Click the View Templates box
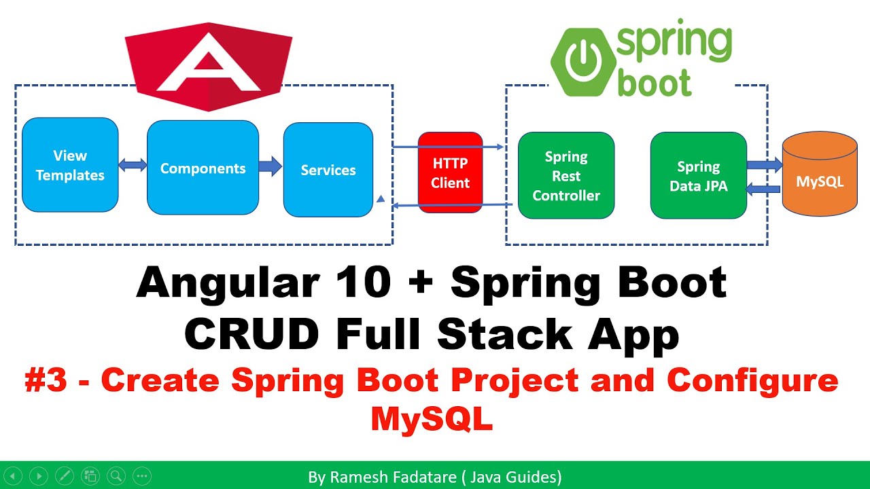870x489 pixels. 70,165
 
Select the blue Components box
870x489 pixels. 203,168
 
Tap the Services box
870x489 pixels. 328,170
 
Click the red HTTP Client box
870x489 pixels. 450,173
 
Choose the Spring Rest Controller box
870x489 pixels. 565,175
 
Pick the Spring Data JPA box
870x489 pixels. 698,175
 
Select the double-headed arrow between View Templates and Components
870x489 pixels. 133,165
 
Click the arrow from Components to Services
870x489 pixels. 271,166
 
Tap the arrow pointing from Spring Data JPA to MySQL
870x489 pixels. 764,164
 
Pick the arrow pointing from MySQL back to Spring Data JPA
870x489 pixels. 764,189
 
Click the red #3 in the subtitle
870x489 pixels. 46,381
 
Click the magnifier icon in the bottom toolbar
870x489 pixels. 116,476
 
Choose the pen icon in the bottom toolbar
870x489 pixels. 64,476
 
